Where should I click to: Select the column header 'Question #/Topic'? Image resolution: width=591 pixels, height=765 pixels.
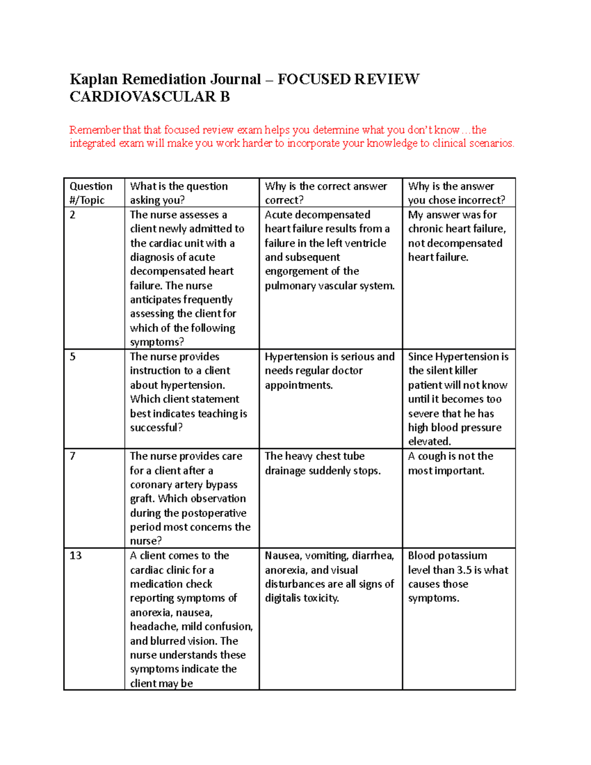click(91, 193)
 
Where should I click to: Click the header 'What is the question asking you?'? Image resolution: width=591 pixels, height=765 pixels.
click(179, 193)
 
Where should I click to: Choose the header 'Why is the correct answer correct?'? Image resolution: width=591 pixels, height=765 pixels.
click(326, 193)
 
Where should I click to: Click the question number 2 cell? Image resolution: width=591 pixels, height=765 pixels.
click(72, 215)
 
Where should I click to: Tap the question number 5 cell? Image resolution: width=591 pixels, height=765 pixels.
click(72, 357)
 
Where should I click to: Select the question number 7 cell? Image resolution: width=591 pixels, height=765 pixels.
click(72, 456)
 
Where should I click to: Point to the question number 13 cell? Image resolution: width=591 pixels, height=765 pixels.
click(75, 556)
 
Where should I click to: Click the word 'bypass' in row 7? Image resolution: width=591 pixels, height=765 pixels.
click(222, 485)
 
